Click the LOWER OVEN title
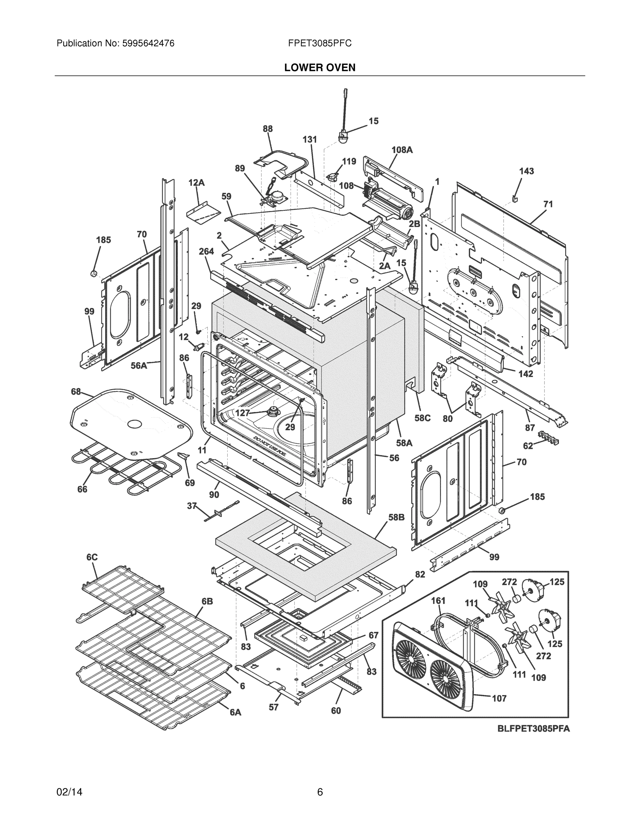tap(319, 68)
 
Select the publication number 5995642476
tap(148, 43)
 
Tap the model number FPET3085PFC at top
tap(319, 43)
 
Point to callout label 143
tap(526, 171)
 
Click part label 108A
tap(402, 150)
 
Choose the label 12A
tap(196, 183)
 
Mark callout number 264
tap(206, 252)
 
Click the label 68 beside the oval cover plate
tap(76, 392)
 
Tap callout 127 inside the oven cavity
tap(243, 413)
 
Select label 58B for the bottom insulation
tap(396, 517)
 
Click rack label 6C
tap(92, 557)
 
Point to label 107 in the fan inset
tap(499, 698)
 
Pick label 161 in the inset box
tap(438, 601)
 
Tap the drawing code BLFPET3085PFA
tap(533, 729)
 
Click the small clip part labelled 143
tap(514, 198)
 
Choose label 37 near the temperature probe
tap(192, 506)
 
